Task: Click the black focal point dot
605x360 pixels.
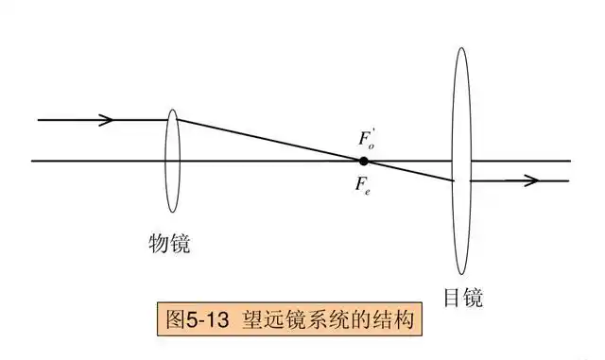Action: coord(364,161)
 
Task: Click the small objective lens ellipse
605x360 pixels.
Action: coord(171,161)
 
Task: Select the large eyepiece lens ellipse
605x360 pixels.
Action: coord(460,161)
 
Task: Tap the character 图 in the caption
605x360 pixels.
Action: coord(174,319)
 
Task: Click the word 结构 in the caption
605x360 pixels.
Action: coord(394,319)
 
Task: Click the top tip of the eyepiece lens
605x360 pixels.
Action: coord(460,48)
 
